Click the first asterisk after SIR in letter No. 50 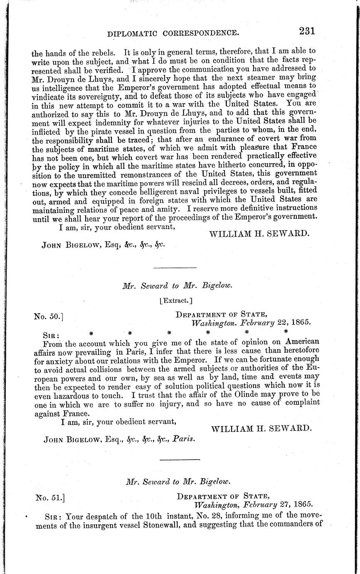coord(91,332)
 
